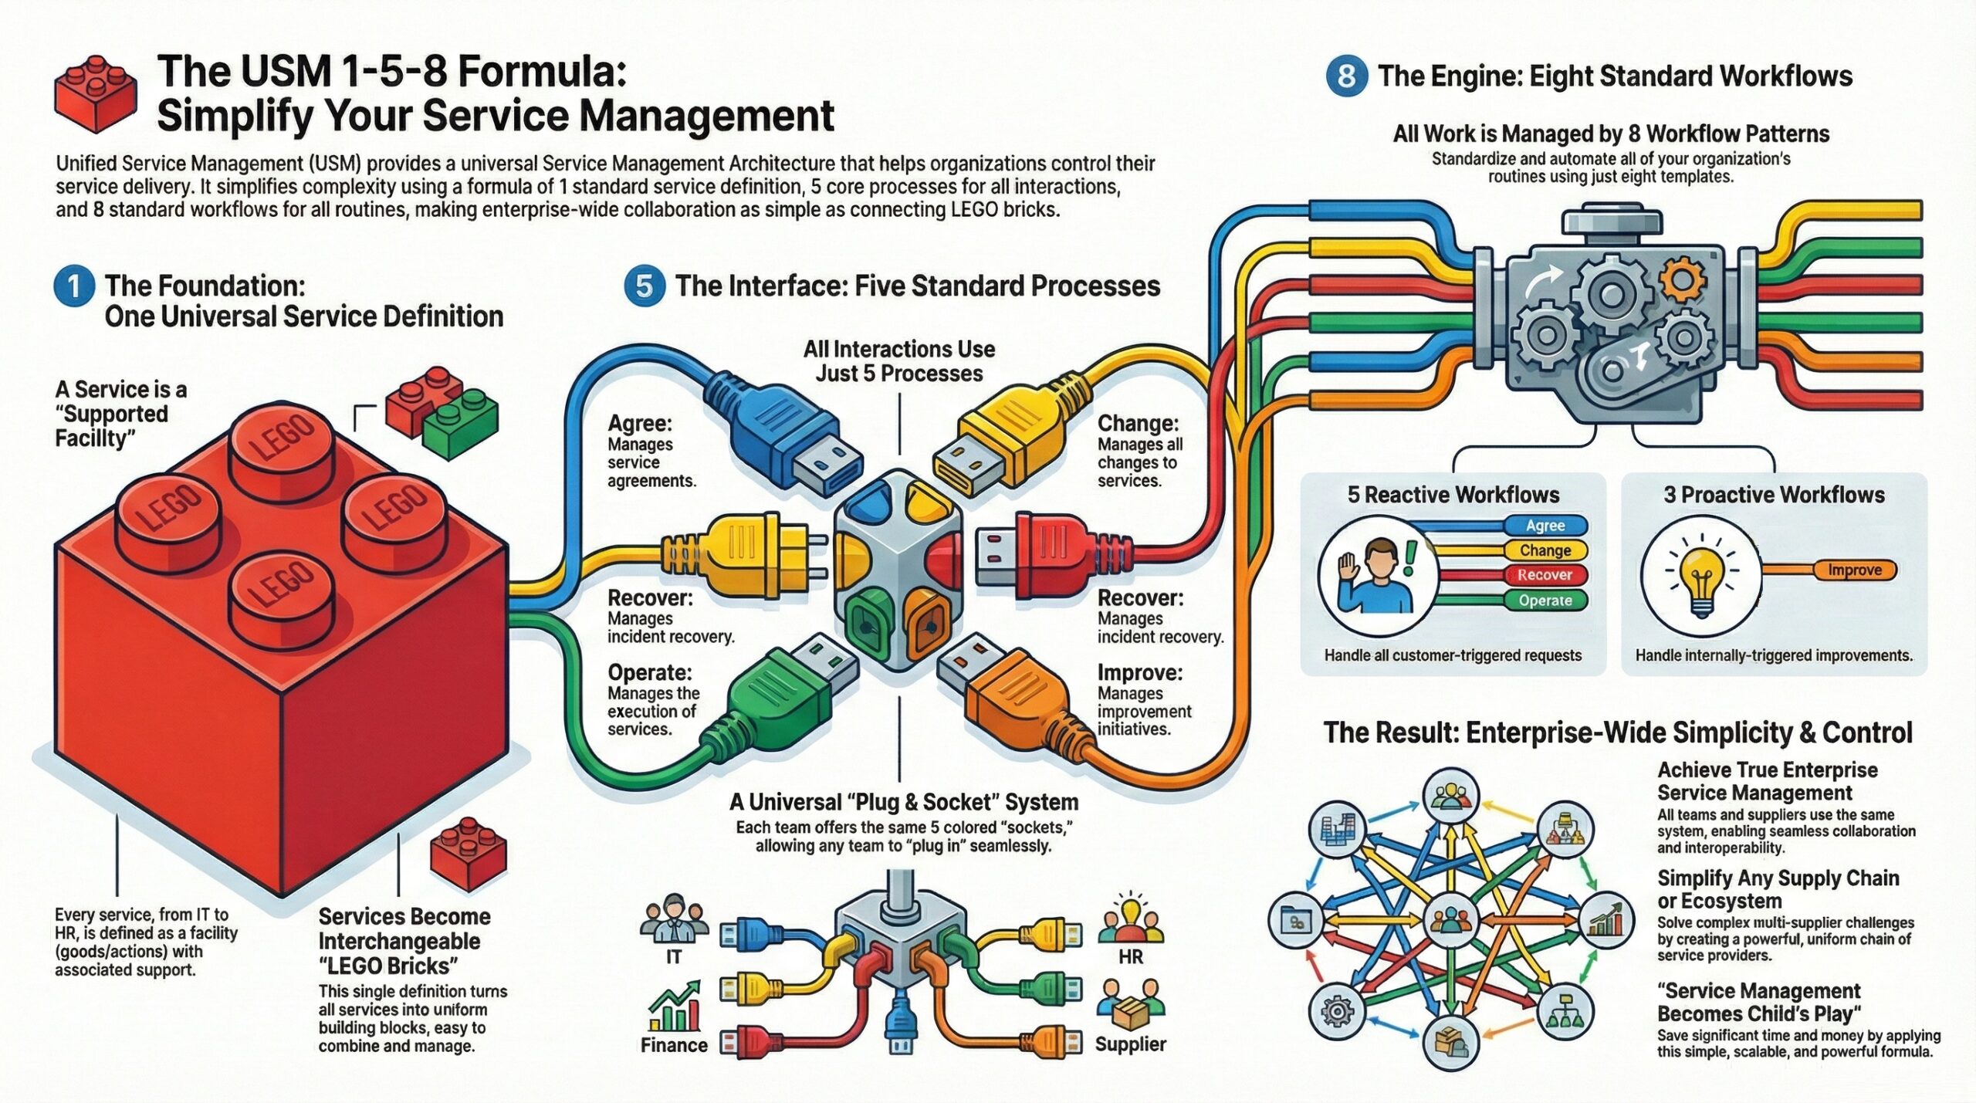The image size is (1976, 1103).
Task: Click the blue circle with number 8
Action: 1346,76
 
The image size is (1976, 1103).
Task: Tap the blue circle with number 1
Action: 74,286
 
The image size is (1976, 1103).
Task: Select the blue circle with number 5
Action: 644,286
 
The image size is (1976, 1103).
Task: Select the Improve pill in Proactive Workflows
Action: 1854,570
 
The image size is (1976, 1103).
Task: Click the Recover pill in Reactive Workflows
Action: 1545,575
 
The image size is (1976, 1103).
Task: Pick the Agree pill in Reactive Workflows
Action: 1545,526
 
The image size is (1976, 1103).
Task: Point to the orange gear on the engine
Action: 1680,279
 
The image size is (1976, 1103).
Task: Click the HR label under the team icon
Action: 1130,957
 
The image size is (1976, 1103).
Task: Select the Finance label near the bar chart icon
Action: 674,1045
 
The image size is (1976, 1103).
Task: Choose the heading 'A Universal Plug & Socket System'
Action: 904,802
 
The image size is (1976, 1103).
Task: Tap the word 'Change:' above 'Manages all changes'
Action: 1138,423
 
